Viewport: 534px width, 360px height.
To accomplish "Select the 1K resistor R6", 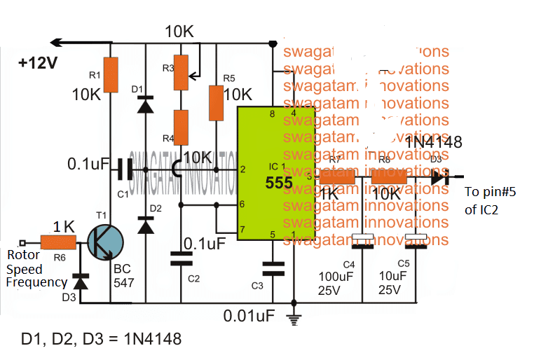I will click(59, 242).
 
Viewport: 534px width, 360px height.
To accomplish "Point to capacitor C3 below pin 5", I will click(272, 268).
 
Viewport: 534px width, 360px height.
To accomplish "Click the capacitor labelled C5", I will click(417, 242).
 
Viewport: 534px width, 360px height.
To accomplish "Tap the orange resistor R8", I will click(390, 179).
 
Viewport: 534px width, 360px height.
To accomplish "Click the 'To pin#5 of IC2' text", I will click(490, 200).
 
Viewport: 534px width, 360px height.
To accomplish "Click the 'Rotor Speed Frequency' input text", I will click(35, 269).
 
